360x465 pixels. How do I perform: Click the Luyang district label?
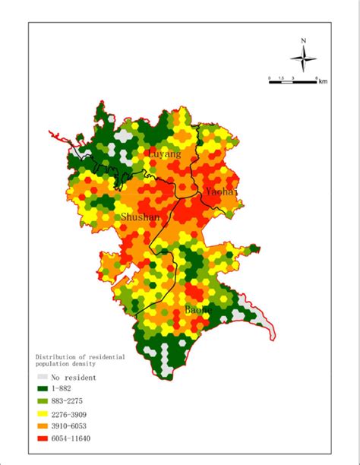pos(165,154)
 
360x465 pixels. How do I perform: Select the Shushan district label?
pos(141,218)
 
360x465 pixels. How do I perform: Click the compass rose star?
pos(303,58)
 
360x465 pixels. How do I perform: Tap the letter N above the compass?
pos(303,41)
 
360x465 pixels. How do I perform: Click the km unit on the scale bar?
pos(323,81)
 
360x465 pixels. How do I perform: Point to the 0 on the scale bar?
pos(269,77)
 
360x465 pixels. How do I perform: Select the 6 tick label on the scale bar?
pos(315,77)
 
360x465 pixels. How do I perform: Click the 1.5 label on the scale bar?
pos(280,77)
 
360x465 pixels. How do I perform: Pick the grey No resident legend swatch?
pos(43,376)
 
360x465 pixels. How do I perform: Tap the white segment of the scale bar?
pos(286,81)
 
